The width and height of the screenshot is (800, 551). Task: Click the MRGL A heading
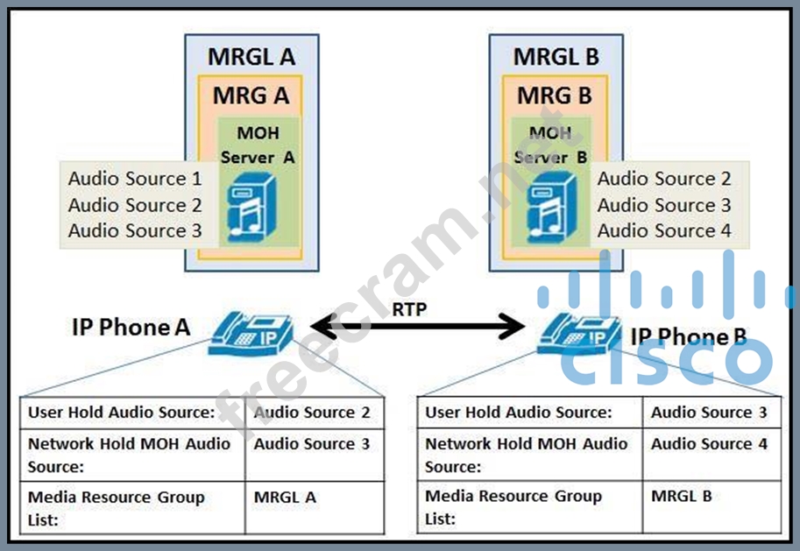coord(251,58)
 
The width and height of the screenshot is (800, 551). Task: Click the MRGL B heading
coord(556,58)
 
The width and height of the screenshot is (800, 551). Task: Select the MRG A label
coord(251,95)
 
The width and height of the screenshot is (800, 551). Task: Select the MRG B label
coord(555,95)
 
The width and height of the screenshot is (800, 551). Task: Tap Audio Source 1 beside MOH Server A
coord(134,179)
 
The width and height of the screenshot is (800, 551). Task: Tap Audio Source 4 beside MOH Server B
coord(664,231)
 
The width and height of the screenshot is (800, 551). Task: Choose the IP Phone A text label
coord(131,328)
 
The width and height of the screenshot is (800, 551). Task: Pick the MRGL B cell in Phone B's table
coord(681,496)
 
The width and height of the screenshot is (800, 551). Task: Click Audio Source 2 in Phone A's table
coord(312,413)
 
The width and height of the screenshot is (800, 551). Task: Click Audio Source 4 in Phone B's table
coord(709,444)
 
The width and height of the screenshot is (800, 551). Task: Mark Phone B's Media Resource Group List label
coord(513,507)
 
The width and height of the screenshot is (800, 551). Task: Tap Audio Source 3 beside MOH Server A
coord(134,231)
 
